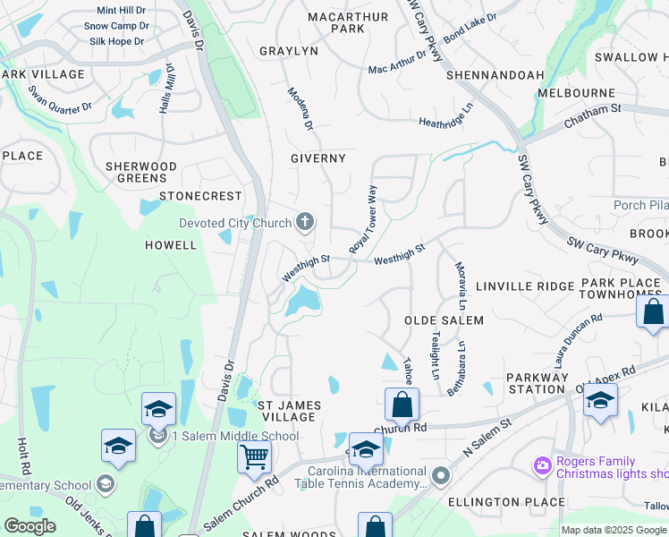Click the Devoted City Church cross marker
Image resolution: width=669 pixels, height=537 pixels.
(305, 222)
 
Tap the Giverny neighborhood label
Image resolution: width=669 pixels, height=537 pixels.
(318, 158)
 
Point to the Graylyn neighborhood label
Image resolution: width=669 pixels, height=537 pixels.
(289, 51)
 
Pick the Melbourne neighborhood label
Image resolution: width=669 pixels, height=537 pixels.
(576, 93)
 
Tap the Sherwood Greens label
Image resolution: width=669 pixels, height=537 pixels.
(141, 172)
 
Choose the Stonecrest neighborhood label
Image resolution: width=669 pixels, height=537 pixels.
(200, 195)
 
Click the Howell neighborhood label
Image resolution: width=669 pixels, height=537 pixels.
(170, 244)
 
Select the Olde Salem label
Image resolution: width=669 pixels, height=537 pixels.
(444, 320)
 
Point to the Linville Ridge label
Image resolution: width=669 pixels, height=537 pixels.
(524, 286)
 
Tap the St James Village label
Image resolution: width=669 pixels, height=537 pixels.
(287, 411)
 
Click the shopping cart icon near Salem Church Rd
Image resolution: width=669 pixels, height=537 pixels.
(254, 456)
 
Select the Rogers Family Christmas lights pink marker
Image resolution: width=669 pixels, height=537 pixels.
(541, 465)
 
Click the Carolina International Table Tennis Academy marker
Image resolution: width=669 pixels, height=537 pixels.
(439, 474)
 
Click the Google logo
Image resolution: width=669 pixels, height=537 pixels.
(30, 526)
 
